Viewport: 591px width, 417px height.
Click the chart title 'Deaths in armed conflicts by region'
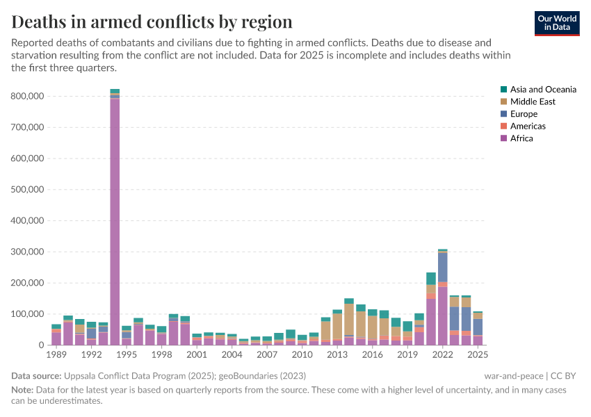pyautogui.click(x=152, y=22)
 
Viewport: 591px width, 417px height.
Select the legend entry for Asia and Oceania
pyautogui.click(x=542, y=90)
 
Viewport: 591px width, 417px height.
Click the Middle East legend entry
pyautogui.click(x=532, y=101)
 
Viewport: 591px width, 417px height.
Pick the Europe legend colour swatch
pyautogui.click(x=503, y=114)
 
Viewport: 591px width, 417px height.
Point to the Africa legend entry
pyautogui.click(x=521, y=138)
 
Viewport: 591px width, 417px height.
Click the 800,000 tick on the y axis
pyautogui.click(x=29, y=96)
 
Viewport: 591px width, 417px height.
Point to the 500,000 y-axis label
pyautogui.click(x=29, y=190)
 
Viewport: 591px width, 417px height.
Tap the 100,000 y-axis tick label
pyautogui.click(x=29, y=314)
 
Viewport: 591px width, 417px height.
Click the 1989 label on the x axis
pyautogui.click(x=56, y=354)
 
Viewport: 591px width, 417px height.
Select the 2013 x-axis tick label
pyautogui.click(x=337, y=354)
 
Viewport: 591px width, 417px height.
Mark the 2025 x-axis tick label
pyautogui.click(x=478, y=354)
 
